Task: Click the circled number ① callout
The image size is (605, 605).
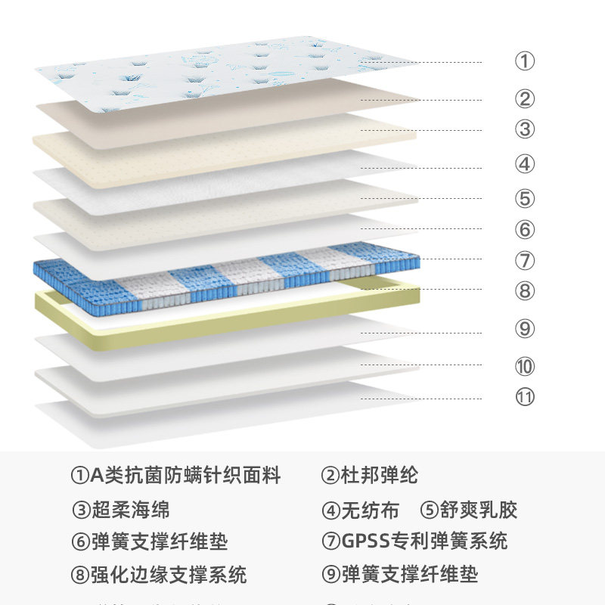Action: (525, 61)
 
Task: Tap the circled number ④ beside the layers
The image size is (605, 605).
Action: (525, 164)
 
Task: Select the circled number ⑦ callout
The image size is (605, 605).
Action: (525, 261)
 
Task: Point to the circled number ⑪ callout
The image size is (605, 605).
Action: (525, 396)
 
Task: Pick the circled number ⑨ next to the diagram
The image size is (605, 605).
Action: (525, 329)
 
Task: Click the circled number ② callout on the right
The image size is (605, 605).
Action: (525, 99)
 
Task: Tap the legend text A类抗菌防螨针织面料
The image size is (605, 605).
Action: (185, 476)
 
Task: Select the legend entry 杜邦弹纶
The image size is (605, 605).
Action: (379, 476)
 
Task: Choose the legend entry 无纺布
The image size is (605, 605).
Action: (370, 510)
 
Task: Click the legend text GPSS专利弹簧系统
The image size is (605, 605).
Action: (424, 541)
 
